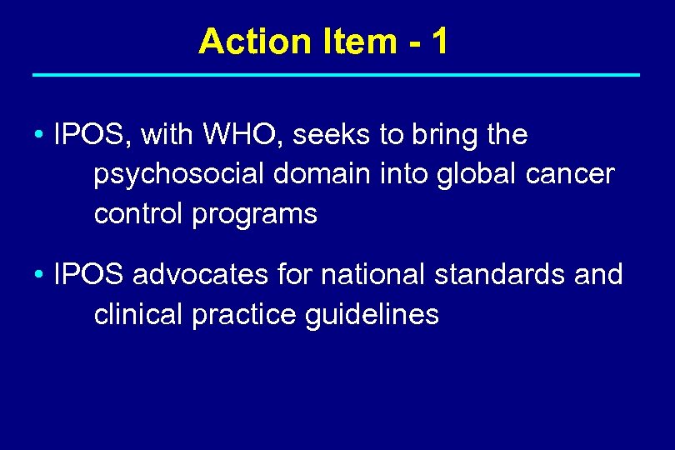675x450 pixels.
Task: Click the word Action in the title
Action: point(242,41)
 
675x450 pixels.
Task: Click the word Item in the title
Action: point(348,41)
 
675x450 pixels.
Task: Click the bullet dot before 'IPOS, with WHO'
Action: point(39,135)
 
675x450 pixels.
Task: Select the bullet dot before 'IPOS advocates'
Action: point(39,275)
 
